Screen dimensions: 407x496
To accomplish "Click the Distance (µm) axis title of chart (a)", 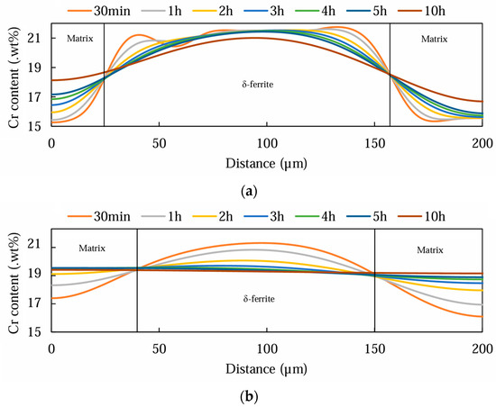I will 267,163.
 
